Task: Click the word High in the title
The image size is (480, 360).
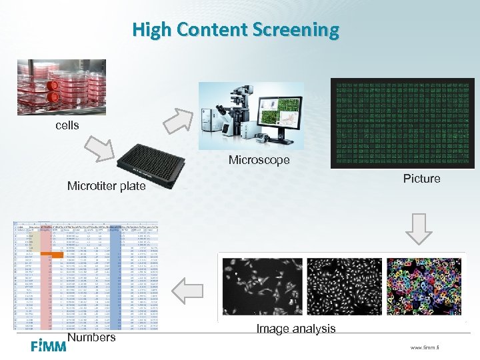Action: (153, 30)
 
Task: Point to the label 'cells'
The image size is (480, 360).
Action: (67, 125)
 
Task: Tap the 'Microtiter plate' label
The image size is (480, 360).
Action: (106, 186)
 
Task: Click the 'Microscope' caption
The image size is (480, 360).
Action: (259, 160)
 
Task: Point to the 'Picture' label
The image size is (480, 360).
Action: (421, 179)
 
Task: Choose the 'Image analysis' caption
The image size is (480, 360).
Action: (296, 328)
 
